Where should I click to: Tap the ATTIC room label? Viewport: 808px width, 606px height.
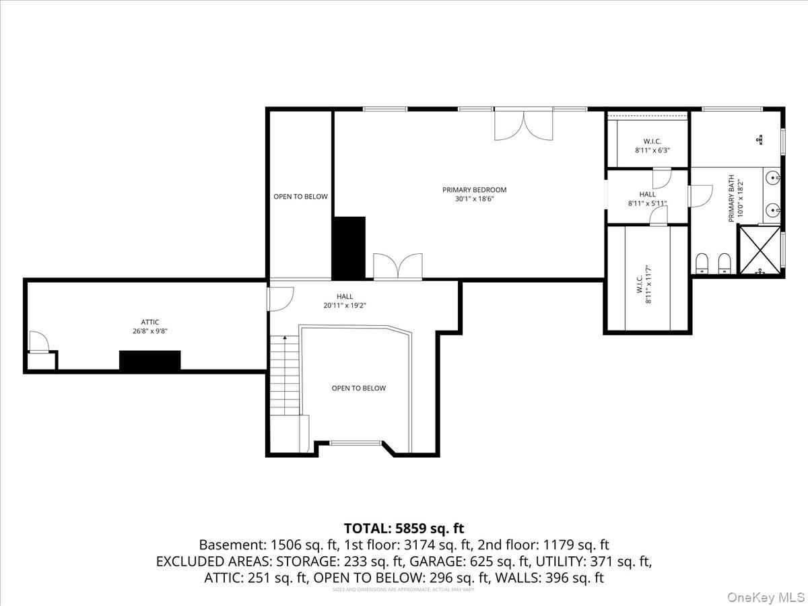click(150, 322)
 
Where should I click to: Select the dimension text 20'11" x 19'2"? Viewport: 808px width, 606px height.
click(344, 305)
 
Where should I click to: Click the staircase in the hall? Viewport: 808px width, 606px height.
click(284, 377)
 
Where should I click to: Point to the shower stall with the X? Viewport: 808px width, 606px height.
click(761, 250)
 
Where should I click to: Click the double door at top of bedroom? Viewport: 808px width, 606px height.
click(523, 125)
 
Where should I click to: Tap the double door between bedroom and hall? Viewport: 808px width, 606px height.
click(398, 267)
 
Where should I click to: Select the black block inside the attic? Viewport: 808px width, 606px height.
click(149, 360)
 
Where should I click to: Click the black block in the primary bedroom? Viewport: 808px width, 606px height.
click(349, 247)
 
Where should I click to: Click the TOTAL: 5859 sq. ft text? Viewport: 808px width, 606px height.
click(404, 528)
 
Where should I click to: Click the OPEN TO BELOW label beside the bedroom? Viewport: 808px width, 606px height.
click(300, 197)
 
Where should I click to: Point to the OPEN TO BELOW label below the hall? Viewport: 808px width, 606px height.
click(358, 388)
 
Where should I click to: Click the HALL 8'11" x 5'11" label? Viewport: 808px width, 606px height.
click(647, 199)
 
